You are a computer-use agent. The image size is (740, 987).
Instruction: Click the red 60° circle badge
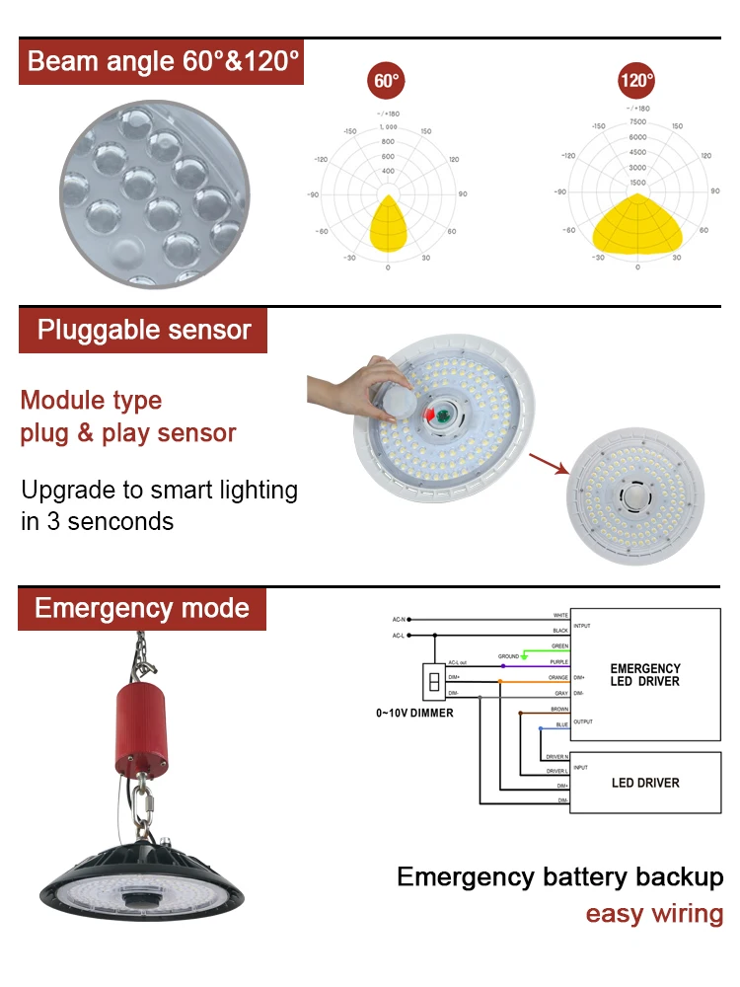tap(387, 81)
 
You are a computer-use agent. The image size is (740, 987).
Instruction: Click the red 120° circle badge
tap(637, 81)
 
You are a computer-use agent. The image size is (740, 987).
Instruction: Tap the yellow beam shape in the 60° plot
tap(388, 224)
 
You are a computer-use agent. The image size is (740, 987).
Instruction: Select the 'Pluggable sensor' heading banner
tap(143, 330)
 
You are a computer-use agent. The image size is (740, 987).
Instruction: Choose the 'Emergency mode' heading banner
tap(141, 608)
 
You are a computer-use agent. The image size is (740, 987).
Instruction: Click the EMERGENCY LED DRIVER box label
tap(645, 675)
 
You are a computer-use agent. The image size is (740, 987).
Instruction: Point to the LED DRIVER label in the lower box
tap(645, 783)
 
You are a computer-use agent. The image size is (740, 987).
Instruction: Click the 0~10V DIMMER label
tap(414, 713)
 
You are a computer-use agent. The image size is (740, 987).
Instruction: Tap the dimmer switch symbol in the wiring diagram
tap(432, 680)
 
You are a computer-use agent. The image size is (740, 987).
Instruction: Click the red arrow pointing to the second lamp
tap(549, 463)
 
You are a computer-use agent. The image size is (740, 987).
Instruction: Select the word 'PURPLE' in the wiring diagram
tap(559, 662)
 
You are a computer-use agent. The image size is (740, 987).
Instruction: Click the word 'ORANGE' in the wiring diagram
tap(558, 677)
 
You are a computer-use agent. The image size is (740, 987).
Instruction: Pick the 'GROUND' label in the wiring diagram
tap(508, 655)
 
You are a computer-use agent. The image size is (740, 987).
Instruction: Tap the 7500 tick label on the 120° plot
tap(637, 122)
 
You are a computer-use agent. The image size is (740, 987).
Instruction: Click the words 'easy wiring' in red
tap(654, 914)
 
